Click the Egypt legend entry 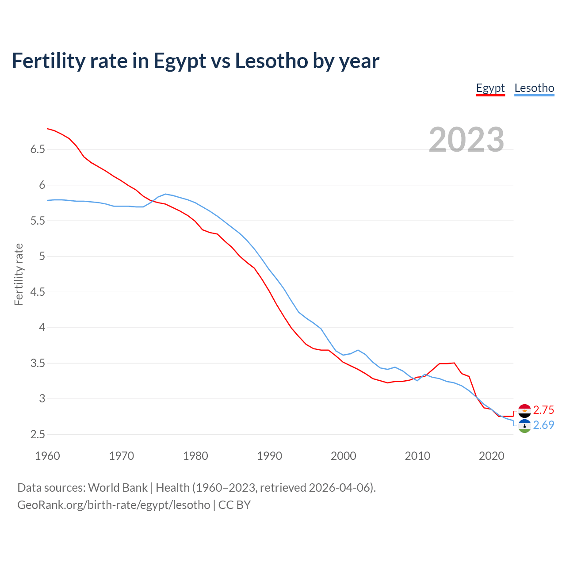[x=490, y=88]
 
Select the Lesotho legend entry [x=534, y=88]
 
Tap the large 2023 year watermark [x=467, y=140]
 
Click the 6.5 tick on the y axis [x=38, y=149]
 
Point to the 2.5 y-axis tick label [x=38, y=435]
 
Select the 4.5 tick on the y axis [x=38, y=292]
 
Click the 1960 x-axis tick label [x=47, y=456]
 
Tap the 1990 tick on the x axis [x=269, y=456]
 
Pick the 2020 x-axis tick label [x=491, y=456]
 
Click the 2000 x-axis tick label [x=343, y=456]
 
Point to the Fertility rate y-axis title [x=19, y=274]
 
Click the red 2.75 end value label [x=543, y=410]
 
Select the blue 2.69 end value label [x=543, y=425]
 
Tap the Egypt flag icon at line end [x=524, y=411]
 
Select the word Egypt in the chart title [x=180, y=61]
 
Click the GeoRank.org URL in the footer [x=114, y=505]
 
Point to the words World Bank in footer [x=118, y=488]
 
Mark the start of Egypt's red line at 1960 [x=47, y=129]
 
